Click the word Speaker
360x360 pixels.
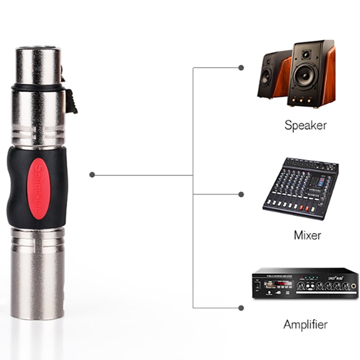tap(305, 125)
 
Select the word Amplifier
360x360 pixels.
tap(305, 324)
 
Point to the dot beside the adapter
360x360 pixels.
tap(92, 175)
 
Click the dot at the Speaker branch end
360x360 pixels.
tap(241, 67)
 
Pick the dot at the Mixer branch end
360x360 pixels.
tap(241, 194)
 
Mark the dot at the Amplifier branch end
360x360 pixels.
tap(241, 308)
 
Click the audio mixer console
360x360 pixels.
tap(301, 188)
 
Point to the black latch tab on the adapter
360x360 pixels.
tap(71, 100)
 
